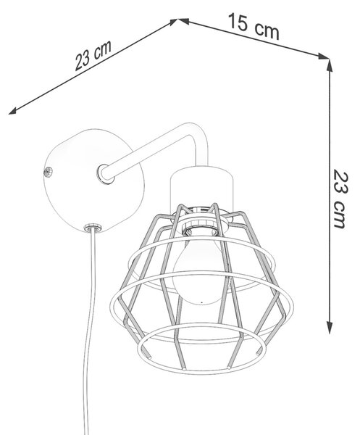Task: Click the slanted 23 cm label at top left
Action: [93, 55]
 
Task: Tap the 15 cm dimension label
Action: [254, 26]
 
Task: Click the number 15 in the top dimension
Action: [238, 22]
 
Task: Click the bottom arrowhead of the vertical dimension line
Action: [330, 328]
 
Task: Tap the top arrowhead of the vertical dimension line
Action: [330, 65]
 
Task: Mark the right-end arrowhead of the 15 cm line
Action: [323, 56]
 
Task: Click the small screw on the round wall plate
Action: [49, 172]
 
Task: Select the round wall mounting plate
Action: [93, 181]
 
